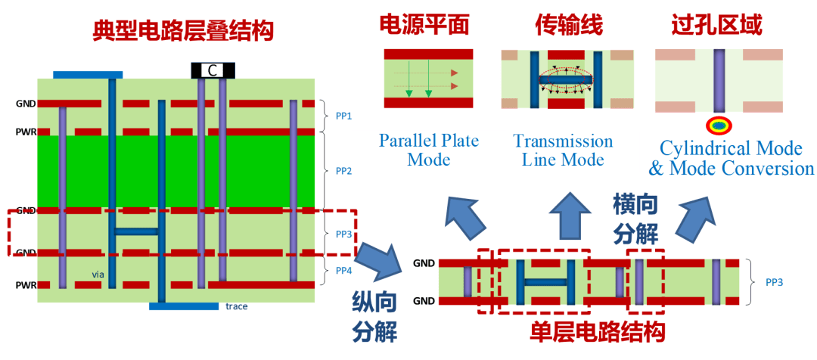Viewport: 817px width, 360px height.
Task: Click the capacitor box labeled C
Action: (x=213, y=70)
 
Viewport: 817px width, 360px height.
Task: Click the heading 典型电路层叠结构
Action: (x=182, y=31)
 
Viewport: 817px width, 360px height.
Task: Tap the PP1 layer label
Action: (x=343, y=116)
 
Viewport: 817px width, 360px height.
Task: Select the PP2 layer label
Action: (x=343, y=171)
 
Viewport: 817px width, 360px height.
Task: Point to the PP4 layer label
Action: (x=343, y=270)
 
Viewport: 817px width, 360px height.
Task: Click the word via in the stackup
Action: (x=98, y=275)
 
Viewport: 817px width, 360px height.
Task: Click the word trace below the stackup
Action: (x=237, y=306)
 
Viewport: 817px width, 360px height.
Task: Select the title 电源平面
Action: (x=424, y=25)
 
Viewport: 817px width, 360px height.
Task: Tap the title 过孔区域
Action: (x=716, y=25)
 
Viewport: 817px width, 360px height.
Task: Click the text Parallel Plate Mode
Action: (x=428, y=150)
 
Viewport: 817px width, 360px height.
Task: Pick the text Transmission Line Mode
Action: (x=563, y=150)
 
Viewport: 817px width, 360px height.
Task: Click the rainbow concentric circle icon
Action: (x=719, y=124)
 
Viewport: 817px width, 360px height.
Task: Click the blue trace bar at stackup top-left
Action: (x=88, y=75)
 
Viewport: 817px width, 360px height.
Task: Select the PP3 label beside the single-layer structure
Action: (x=774, y=282)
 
